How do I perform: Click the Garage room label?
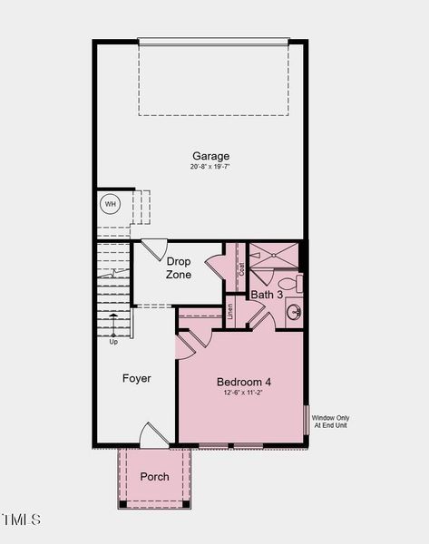tap(210, 156)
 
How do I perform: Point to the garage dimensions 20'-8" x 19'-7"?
tap(210, 167)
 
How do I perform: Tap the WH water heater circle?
tap(110, 204)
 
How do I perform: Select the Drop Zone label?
tap(179, 268)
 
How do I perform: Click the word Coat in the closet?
tap(241, 269)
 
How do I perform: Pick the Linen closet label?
tap(230, 311)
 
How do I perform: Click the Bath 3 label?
tap(267, 295)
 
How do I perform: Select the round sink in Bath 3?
tap(294, 314)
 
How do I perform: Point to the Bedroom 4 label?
tap(243, 382)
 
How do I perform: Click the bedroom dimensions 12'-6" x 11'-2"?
tap(243, 393)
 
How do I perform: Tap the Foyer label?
tap(137, 378)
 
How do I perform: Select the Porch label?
tap(154, 477)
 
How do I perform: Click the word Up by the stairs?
tap(113, 342)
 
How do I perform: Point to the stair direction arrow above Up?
tap(113, 323)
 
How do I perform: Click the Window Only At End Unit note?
tap(331, 422)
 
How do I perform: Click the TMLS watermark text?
tap(22, 520)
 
